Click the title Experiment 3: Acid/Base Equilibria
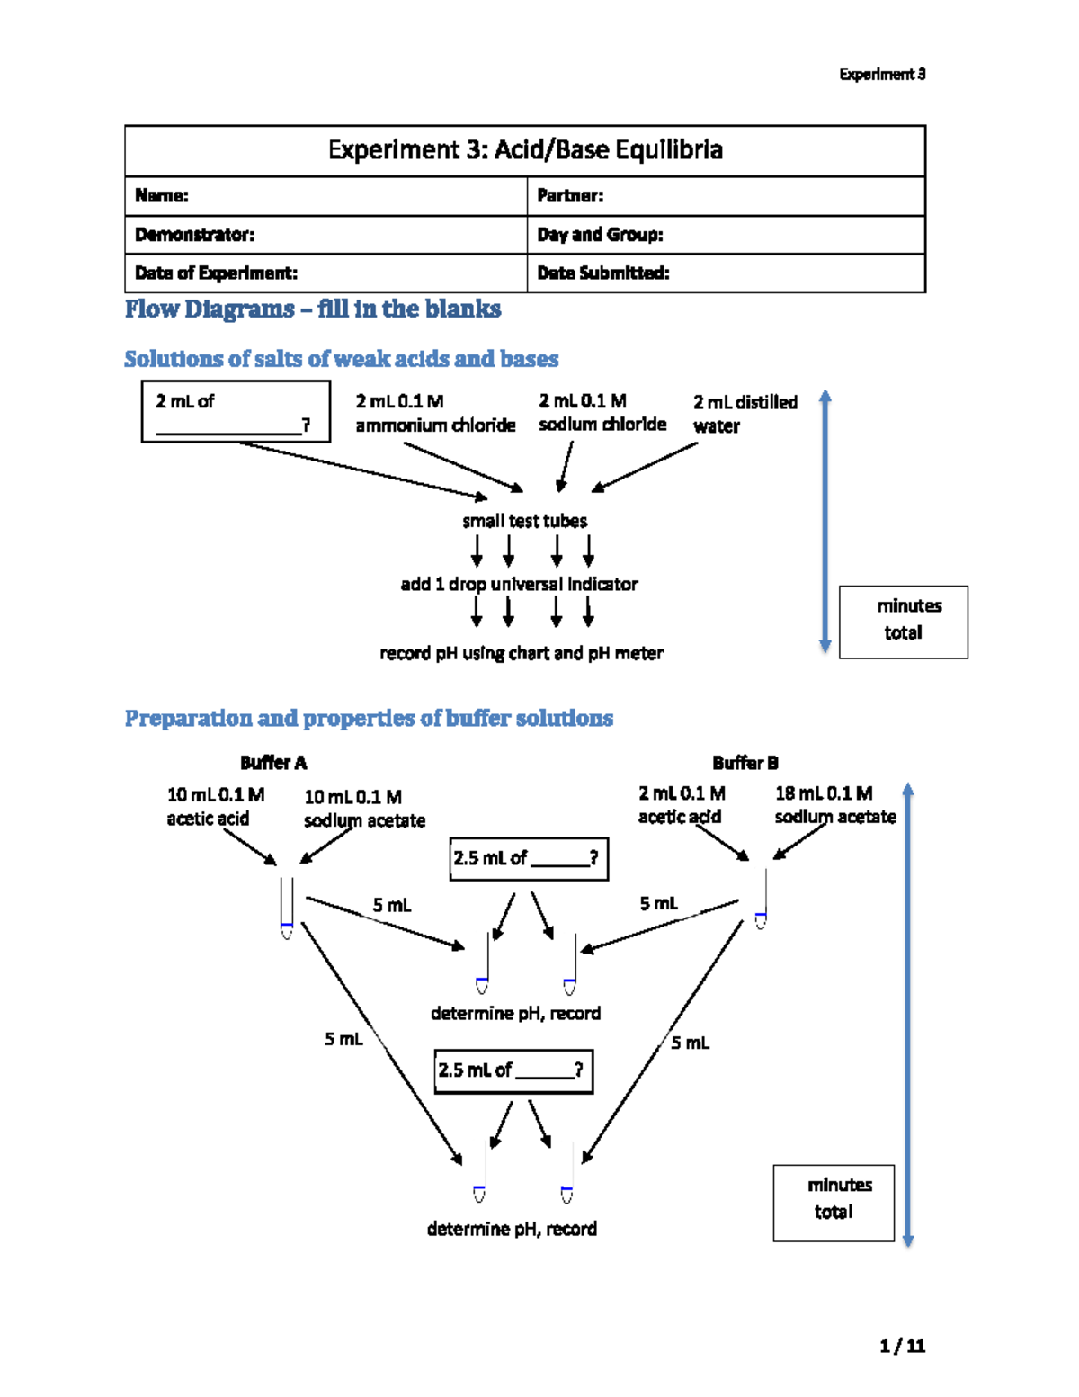525,149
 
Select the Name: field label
162,196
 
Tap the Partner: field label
570,196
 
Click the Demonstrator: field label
194,235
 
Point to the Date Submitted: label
602,273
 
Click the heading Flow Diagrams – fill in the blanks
313,309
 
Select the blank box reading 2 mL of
236,412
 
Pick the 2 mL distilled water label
745,414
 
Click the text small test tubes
524,521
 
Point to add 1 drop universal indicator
519,585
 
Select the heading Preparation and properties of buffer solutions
369,719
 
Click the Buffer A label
273,763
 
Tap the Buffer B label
745,763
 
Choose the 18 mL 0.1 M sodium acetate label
834,805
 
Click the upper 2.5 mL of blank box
528,858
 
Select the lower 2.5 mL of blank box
513,1070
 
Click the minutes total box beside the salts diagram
903,622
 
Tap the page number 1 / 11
902,1346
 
